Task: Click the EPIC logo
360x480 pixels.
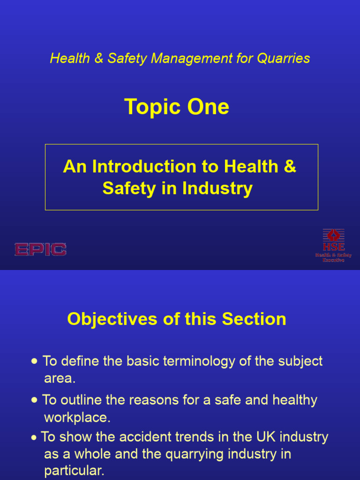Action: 40,249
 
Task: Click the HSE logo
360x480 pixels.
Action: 333,245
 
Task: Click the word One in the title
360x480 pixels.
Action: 208,107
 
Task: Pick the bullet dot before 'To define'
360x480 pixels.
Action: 35,362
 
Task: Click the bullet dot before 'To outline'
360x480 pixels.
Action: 35,401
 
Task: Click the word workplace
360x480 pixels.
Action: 77,417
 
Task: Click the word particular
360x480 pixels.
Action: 74,471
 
